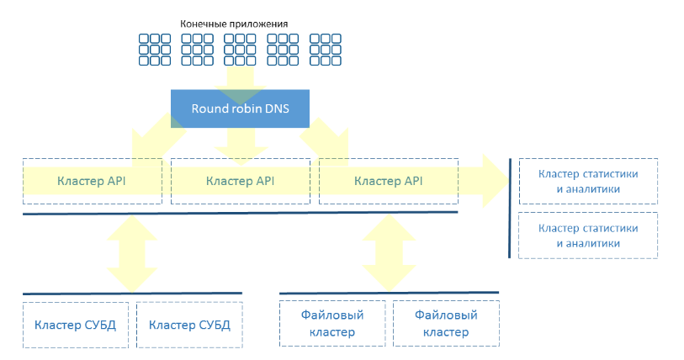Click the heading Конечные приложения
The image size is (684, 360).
(240, 24)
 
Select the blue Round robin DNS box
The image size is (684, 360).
(239, 109)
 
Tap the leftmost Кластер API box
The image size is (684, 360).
(92, 181)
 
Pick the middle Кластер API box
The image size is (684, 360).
(240, 181)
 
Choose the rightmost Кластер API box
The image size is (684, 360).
(388, 181)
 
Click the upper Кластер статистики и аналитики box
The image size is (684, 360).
(587, 181)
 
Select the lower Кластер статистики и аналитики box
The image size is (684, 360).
(587, 236)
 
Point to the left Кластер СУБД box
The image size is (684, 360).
(75, 325)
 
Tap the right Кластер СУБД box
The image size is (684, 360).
(189, 325)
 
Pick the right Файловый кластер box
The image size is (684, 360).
(446, 323)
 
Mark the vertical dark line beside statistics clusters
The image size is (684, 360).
(510, 207)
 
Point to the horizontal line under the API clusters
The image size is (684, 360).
(240, 214)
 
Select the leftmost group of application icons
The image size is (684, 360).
(153, 50)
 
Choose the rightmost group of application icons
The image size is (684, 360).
(325, 50)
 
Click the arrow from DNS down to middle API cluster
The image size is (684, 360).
(239, 142)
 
